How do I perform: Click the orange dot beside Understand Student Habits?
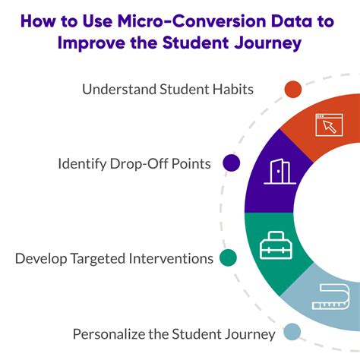tap(293, 90)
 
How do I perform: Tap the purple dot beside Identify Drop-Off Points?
tap(231, 163)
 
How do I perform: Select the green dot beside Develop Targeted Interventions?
tap(227, 258)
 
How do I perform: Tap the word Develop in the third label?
tap(43, 258)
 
